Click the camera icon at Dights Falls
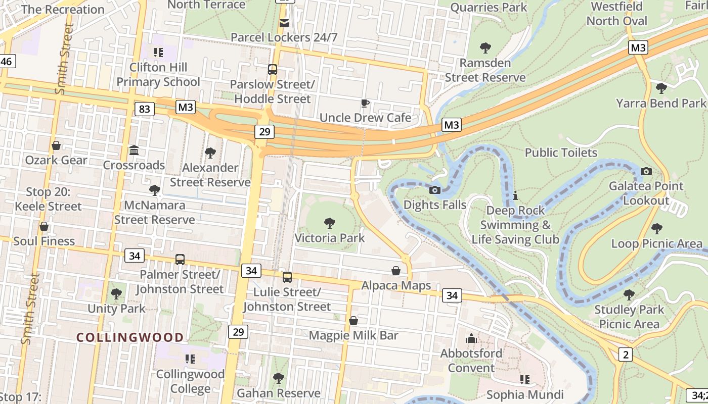434,190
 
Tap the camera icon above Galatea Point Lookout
646,171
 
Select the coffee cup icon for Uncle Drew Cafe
365,104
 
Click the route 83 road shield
145,109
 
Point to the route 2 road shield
626,355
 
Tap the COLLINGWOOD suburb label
130,337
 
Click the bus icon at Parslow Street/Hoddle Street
273,70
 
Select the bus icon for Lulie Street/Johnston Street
287,277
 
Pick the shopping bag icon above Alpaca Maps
396,271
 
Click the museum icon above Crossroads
134,150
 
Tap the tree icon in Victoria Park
330,223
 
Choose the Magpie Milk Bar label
353,335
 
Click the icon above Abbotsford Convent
471,338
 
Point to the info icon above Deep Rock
515,195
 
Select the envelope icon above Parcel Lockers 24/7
284,23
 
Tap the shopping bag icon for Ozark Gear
56,145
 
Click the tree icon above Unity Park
116,293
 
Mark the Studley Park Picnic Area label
629,317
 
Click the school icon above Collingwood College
190,359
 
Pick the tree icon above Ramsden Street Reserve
485,48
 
